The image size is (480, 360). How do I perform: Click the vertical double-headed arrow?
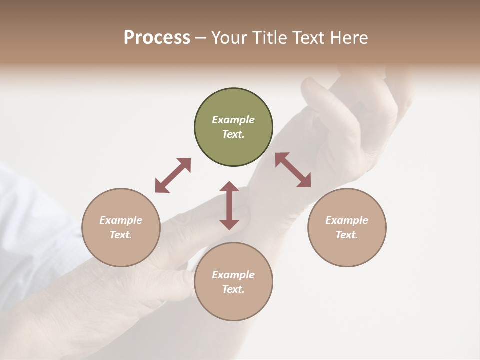[x=229, y=205]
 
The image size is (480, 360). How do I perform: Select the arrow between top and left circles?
[x=173, y=175]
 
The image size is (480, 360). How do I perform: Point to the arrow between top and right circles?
[x=293, y=170]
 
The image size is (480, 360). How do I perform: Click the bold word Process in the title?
[x=157, y=37]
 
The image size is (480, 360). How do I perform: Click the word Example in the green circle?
[x=233, y=120]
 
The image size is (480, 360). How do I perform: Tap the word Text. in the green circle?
[x=233, y=134]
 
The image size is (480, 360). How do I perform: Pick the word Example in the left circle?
[x=121, y=220]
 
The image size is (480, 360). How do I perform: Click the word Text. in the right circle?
[x=347, y=235]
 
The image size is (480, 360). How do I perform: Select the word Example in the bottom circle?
[x=233, y=275]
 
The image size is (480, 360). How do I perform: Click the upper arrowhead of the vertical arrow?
[x=229, y=186]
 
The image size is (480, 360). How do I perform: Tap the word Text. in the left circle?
[x=121, y=235]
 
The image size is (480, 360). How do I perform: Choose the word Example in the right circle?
[x=347, y=220]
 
